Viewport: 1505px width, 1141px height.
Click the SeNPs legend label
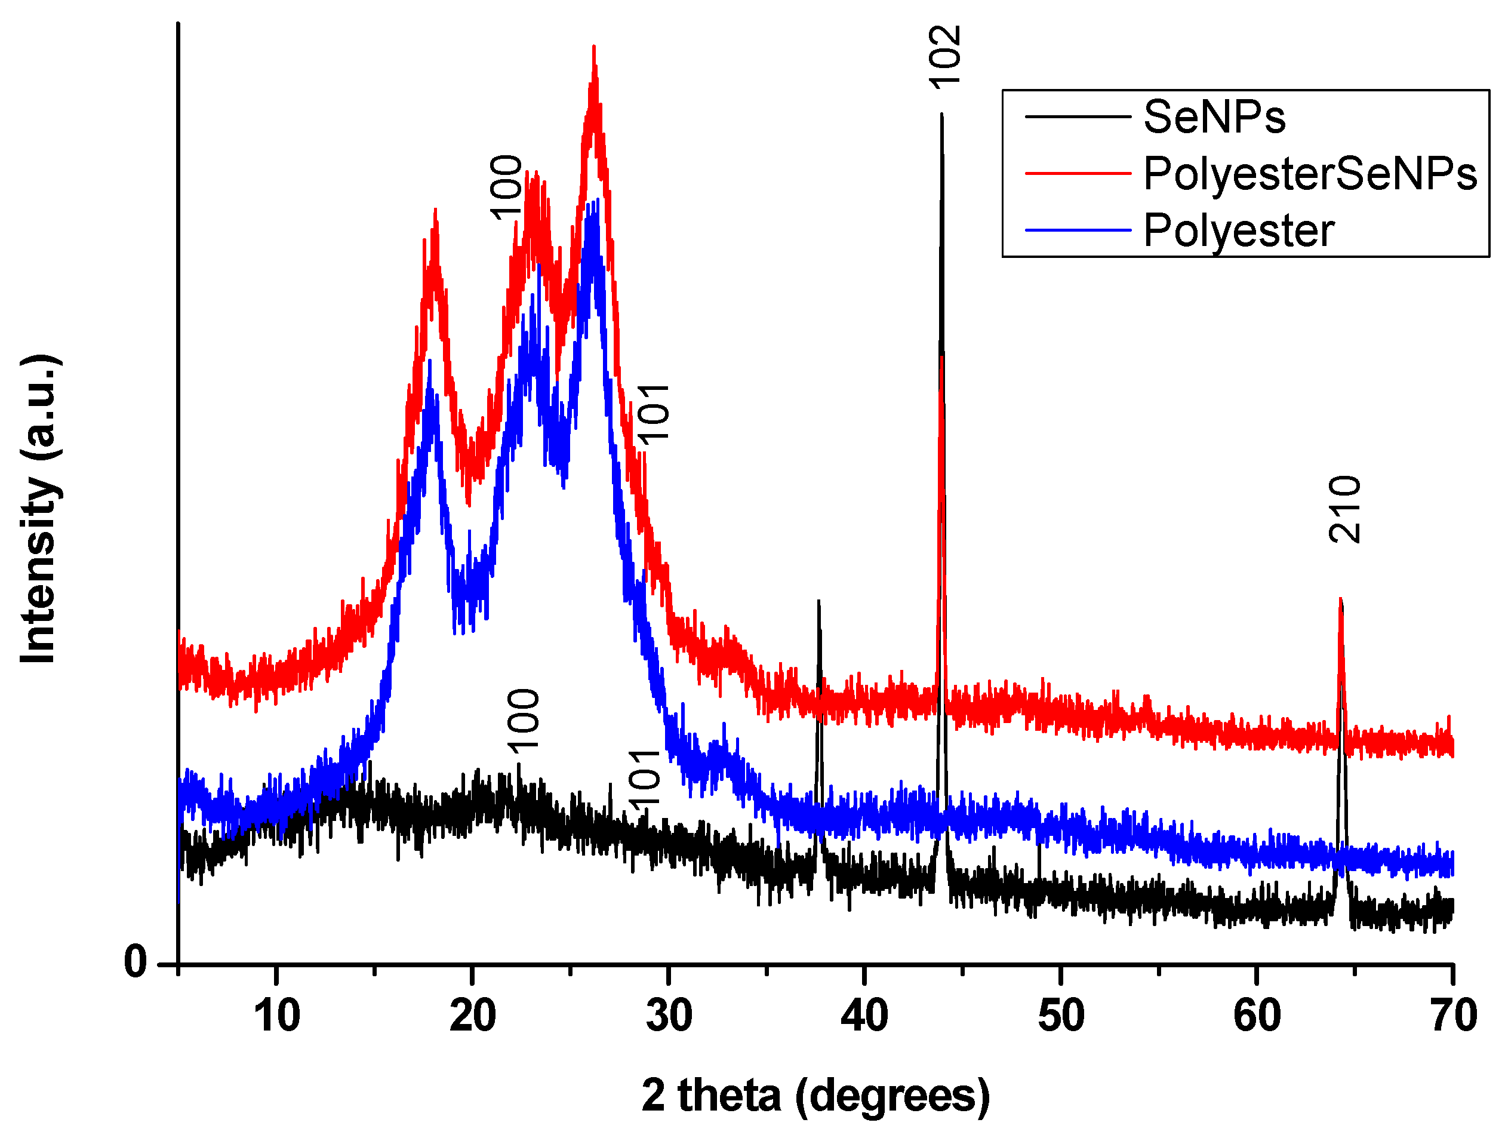(x=1214, y=117)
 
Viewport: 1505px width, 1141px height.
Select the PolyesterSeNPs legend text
(x=1310, y=174)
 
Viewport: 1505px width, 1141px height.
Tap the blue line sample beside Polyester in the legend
(x=1078, y=230)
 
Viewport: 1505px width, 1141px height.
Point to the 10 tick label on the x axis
(x=277, y=1016)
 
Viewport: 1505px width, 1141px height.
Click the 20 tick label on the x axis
(x=473, y=1016)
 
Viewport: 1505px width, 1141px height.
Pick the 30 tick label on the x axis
(x=669, y=1016)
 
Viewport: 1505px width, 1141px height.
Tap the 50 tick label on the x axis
(x=1061, y=1016)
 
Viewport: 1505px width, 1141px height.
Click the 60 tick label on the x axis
(x=1257, y=1016)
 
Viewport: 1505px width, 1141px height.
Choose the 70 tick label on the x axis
(x=1453, y=1016)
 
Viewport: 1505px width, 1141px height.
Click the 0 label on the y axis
(x=136, y=962)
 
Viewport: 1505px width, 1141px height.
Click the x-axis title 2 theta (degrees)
(x=815, y=1096)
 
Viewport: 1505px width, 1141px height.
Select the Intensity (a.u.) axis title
(x=39, y=509)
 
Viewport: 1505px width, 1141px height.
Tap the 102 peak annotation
(x=945, y=58)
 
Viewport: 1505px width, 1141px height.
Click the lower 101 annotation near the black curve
(x=644, y=777)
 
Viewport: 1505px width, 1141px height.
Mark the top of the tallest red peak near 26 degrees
(x=594, y=48)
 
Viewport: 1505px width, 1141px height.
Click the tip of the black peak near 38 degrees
(x=818, y=601)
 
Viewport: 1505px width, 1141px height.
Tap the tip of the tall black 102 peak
(x=941, y=114)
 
